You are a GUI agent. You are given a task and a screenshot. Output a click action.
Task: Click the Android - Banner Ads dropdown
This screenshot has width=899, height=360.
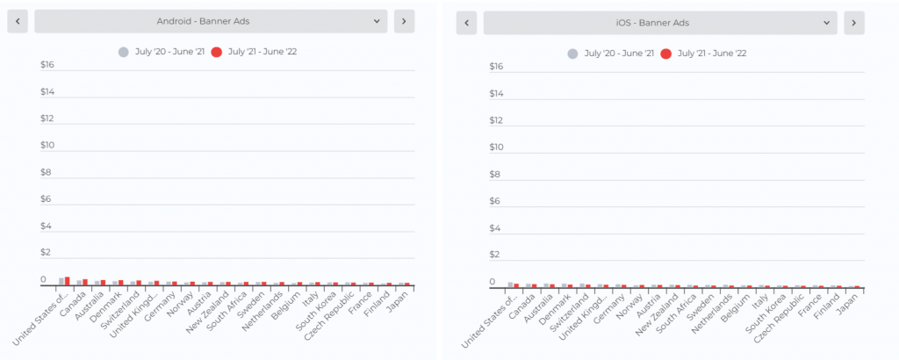[x=211, y=21]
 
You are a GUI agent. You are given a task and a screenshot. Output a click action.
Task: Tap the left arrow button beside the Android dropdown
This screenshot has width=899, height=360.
[x=18, y=21]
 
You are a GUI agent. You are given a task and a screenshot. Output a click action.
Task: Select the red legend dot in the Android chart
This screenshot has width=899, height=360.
[x=217, y=52]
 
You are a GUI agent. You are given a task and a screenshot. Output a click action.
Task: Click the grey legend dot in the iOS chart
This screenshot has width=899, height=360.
[x=572, y=54]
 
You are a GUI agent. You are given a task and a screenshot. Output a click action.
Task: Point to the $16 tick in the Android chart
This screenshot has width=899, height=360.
[x=47, y=64]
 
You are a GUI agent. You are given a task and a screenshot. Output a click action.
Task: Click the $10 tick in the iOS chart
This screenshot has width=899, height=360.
[x=497, y=147]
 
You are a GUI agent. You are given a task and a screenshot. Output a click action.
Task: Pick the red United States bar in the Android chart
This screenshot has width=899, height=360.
[x=67, y=281]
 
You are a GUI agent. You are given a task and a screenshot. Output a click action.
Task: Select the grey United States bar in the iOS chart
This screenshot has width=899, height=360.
[x=510, y=284]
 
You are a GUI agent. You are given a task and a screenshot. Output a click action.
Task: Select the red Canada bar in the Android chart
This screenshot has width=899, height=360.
[x=85, y=282]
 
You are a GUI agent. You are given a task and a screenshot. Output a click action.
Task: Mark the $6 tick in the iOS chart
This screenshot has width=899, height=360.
[x=497, y=201]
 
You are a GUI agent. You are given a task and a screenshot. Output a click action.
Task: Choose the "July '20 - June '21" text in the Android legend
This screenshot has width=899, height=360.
[x=169, y=52]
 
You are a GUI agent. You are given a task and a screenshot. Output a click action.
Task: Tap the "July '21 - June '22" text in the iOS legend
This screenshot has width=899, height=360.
[x=712, y=54]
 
